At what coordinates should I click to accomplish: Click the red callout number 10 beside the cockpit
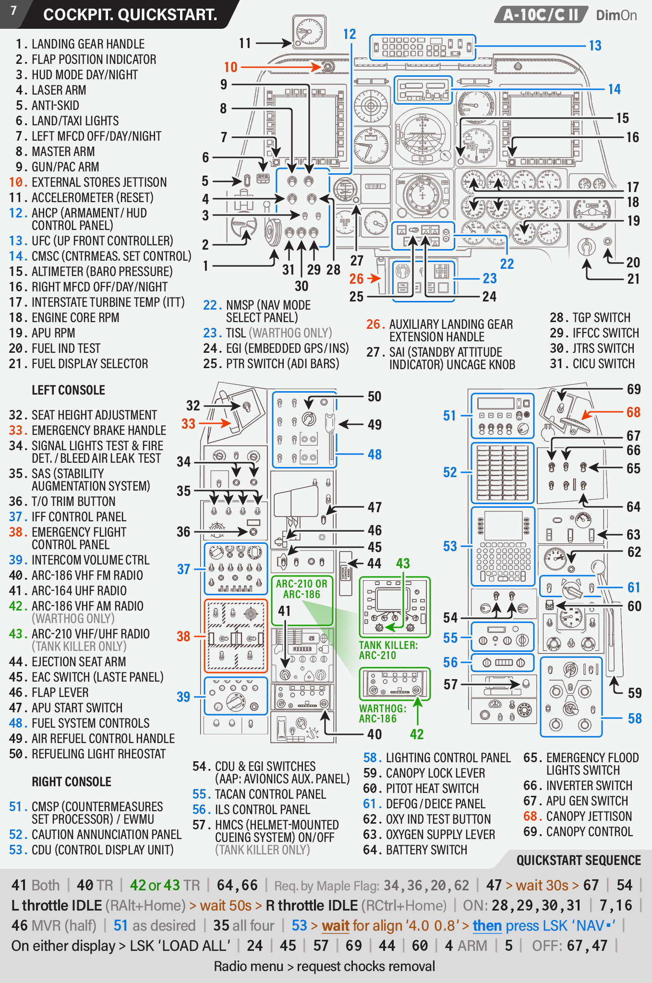(x=230, y=67)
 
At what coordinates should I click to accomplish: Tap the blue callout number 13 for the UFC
(x=595, y=46)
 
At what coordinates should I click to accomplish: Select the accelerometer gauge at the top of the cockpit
(x=309, y=32)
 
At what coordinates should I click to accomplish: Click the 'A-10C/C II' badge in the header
(x=541, y=15)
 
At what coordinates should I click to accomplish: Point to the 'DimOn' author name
(x=616, y=15)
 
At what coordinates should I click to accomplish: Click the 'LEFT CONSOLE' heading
(x=68, y=390)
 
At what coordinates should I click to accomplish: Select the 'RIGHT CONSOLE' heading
(x=72, y=782)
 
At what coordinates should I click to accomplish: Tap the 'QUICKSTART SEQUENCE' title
(x=579, y=860)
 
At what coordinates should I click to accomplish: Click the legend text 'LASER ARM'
(x=59, y=90)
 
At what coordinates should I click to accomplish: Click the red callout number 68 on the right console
(x=634, y=412)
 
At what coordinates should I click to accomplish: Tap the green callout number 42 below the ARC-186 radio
(x=417, y=734)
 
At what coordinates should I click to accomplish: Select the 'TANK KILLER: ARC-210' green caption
(x=388, y=650)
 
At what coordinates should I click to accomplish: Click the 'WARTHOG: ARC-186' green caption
(x=383, y=714)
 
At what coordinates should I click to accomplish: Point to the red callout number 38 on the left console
(x=183, y=636)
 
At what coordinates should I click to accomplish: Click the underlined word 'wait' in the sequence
(x=336, y=925)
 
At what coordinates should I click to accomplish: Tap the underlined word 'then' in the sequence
(x=487, y=925)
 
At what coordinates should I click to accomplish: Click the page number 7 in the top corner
(x=13, y=11)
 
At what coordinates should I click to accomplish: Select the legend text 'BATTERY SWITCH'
(x=426, y=850)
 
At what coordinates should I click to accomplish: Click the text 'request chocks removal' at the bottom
(x=366, y=966)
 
